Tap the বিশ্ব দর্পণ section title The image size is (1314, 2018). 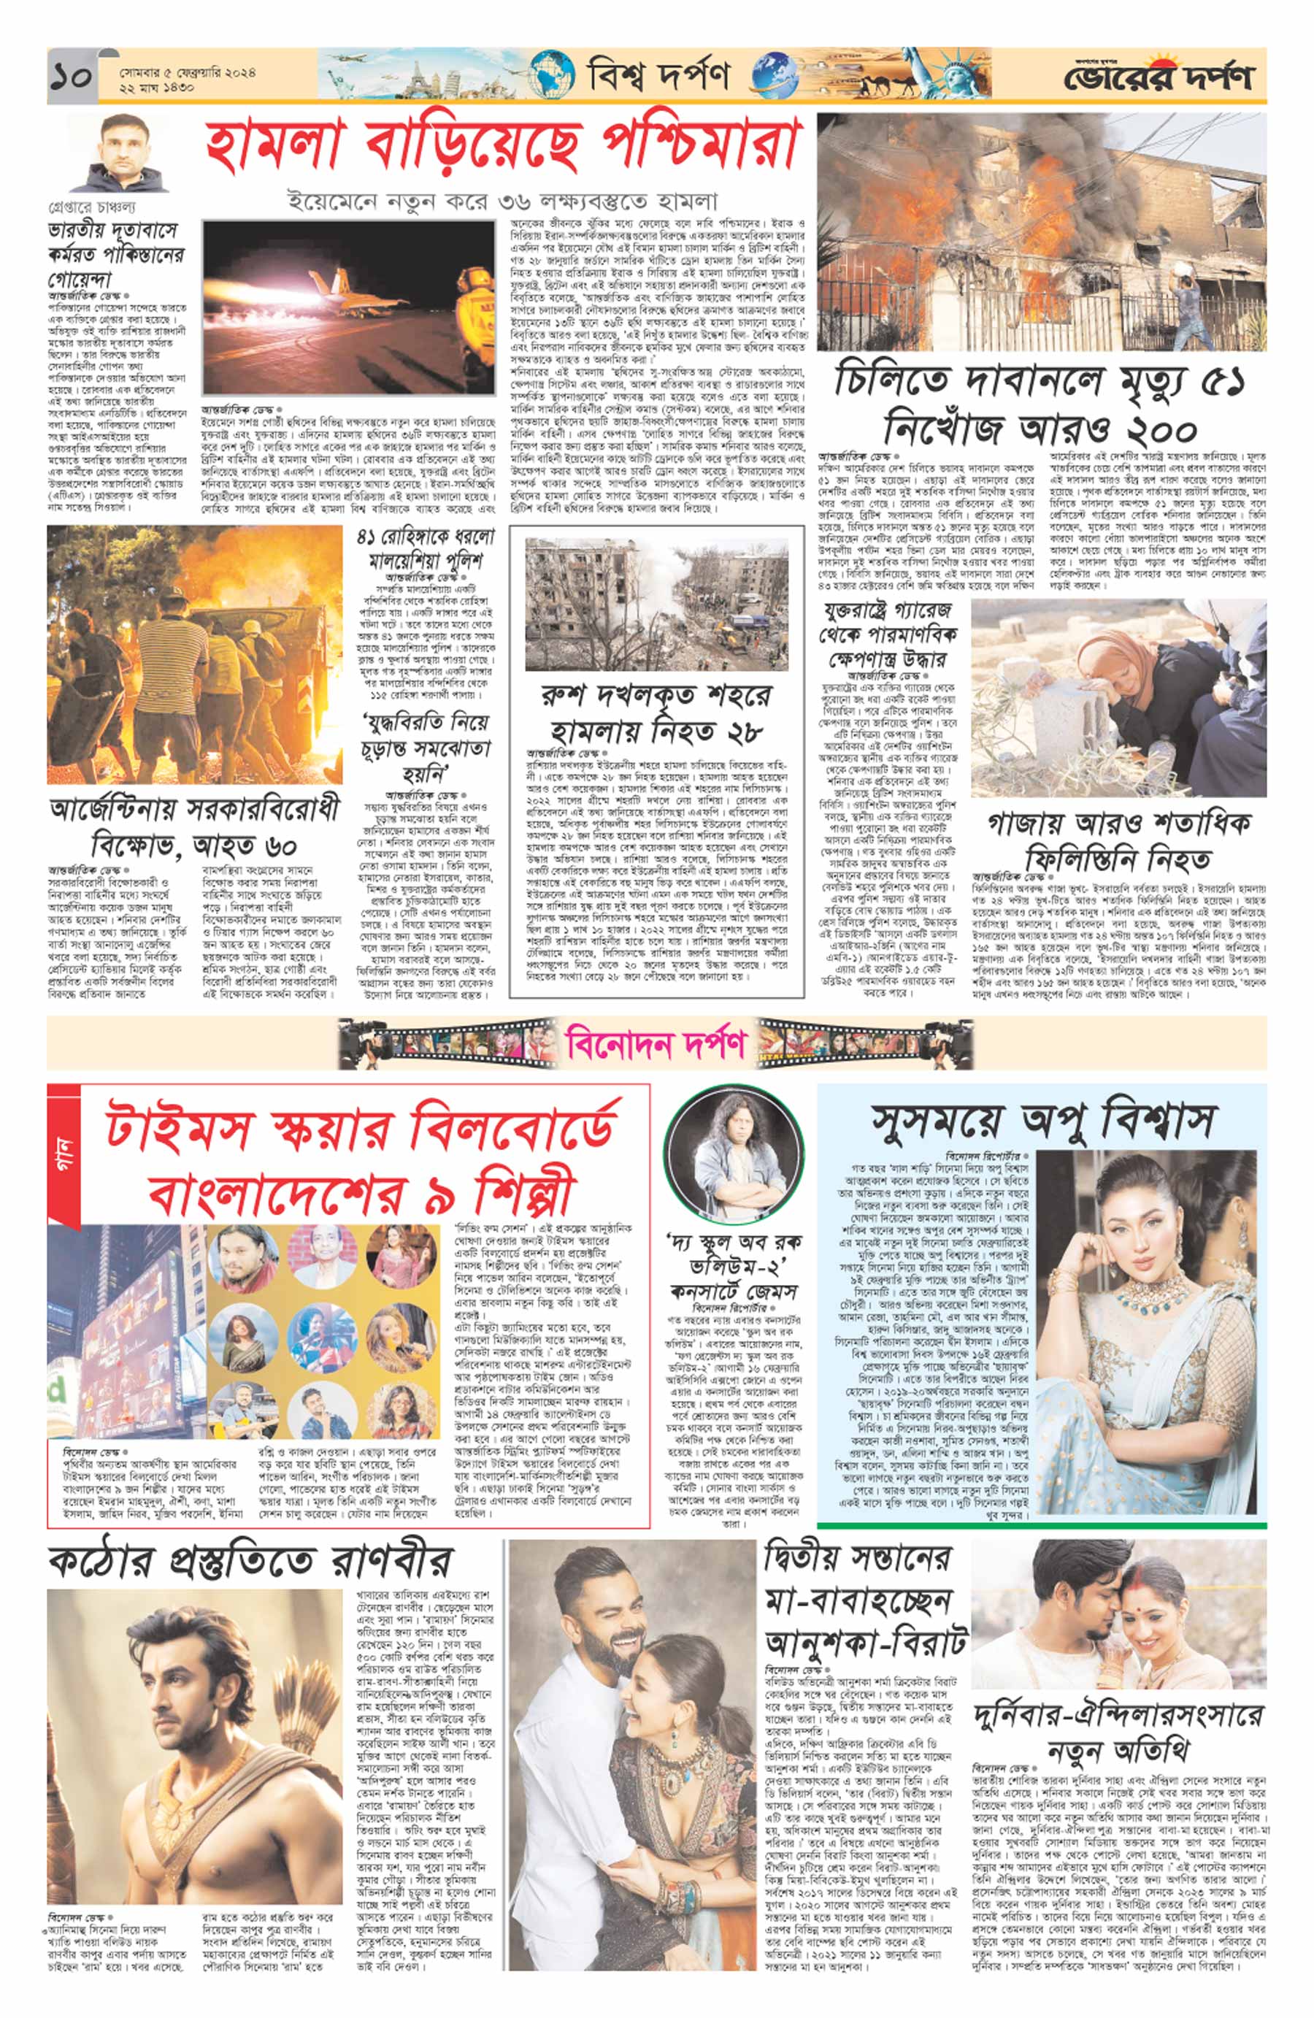658,77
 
